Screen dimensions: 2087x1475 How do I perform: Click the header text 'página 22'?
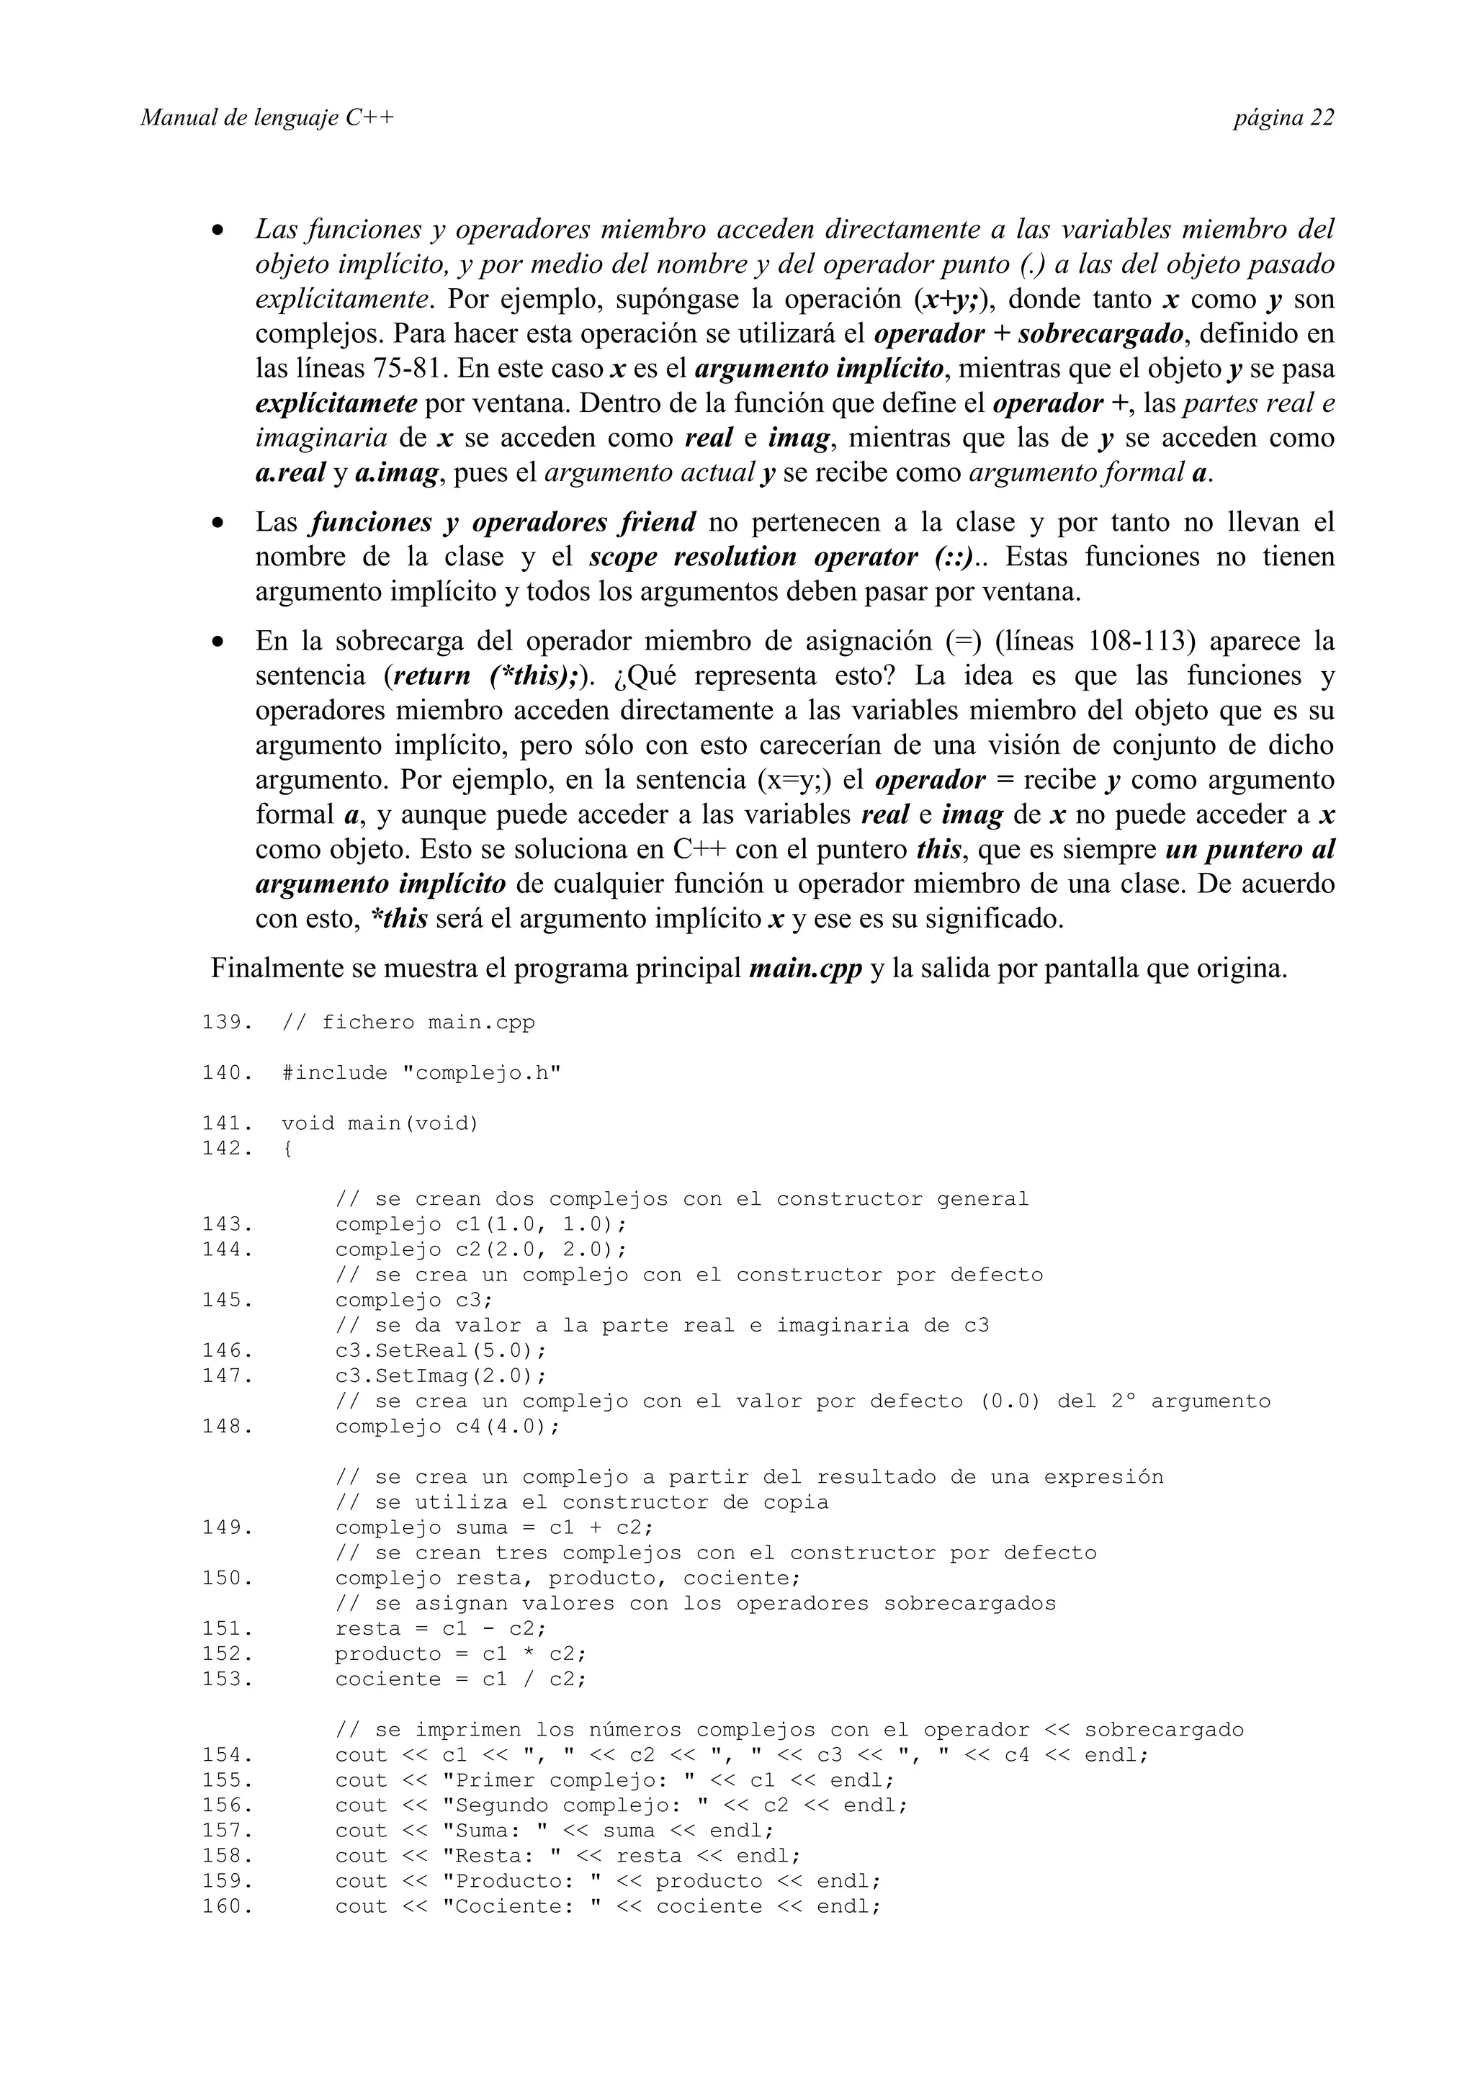click(x=1283, y=118)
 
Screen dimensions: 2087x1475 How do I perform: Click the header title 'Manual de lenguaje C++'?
click(x=267, y=118)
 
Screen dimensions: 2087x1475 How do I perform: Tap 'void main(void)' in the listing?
click(x=380, y=1123)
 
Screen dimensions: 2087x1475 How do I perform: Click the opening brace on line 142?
click(x=287, y=1148)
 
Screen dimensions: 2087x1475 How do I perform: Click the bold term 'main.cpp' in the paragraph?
click(x=805, y=969)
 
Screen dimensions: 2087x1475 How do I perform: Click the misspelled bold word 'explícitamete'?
click(x=336, y=403)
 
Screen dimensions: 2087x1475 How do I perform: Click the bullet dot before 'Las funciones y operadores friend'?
click(x=218, y=524)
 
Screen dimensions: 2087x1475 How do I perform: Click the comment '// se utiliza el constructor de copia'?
click(x=582, y=1502)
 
